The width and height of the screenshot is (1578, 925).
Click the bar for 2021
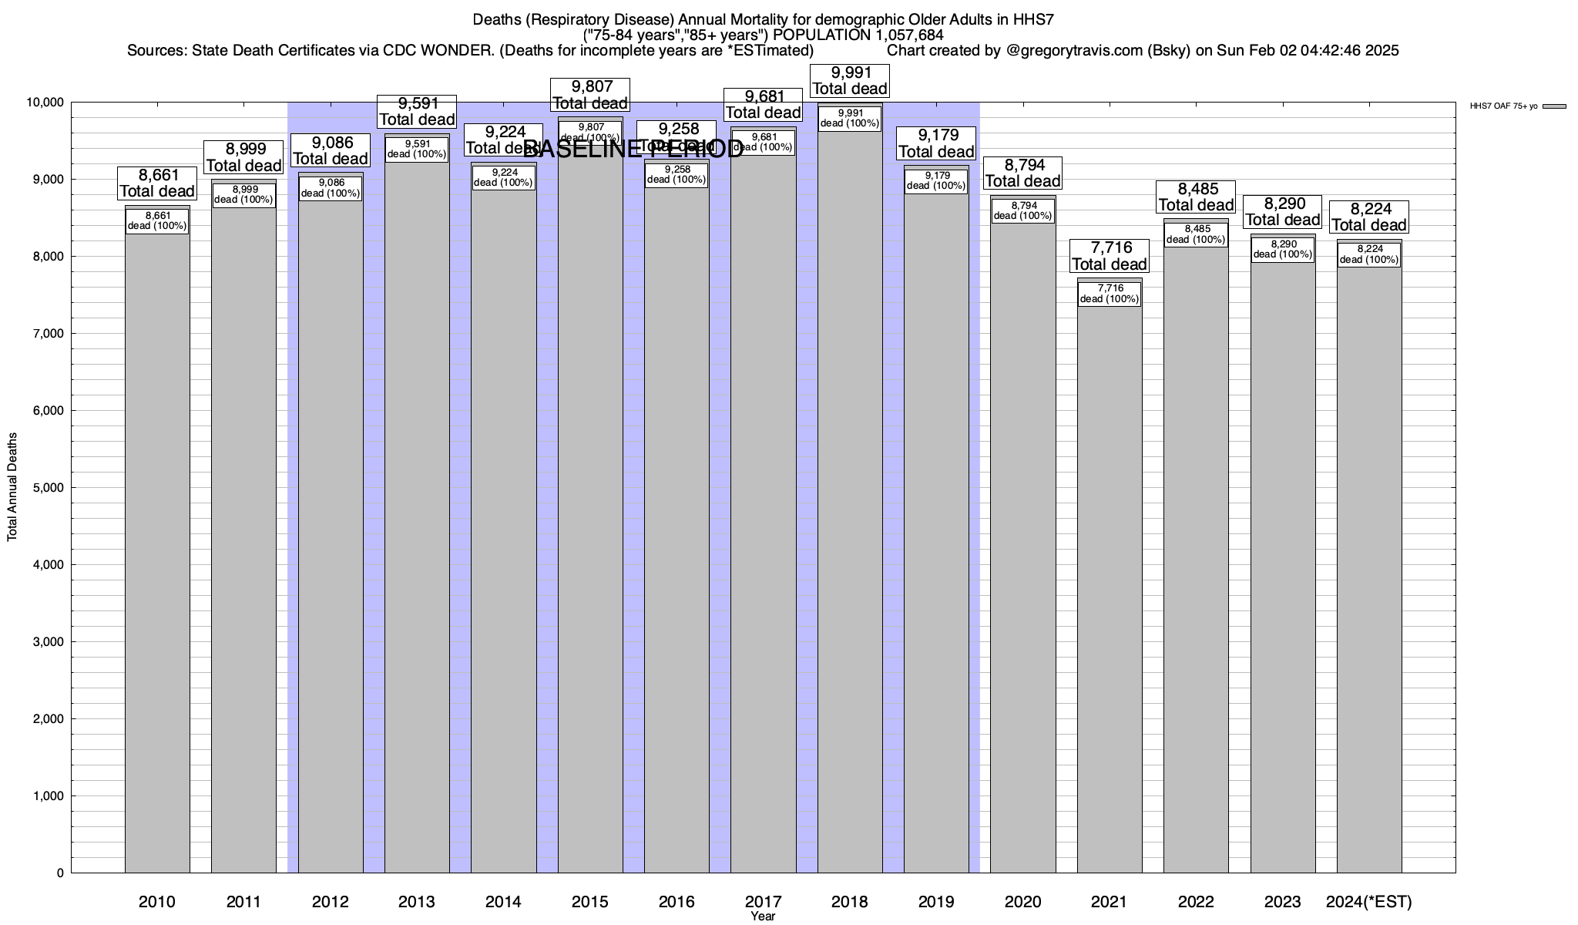1110,586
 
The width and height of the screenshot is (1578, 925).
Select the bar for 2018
850,501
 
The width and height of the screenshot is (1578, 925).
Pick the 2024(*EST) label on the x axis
1369,902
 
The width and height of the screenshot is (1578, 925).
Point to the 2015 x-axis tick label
590,902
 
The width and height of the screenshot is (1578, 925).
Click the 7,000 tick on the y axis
47,334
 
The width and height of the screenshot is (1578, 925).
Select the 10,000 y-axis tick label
44,103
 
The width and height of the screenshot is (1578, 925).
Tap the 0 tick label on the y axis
59,873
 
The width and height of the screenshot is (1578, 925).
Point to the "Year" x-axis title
763,917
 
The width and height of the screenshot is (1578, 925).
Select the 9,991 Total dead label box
851,81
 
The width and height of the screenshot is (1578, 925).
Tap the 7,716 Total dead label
1110,256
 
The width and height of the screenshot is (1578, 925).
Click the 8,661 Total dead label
157,183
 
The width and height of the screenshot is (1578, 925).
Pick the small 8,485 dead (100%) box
1197,234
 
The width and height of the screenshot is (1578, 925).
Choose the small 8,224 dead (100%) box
1369,254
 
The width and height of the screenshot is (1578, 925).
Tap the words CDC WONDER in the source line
426,51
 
